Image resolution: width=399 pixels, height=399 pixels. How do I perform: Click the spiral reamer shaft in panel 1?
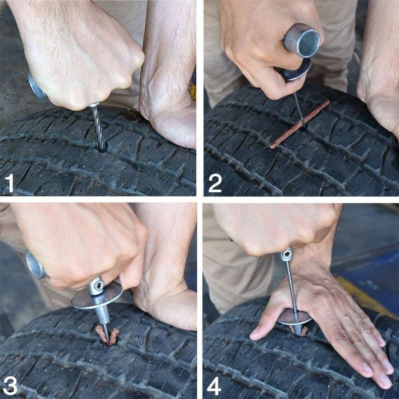pos(97,126)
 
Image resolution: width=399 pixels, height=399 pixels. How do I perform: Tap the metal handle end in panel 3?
pos(35,264)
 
